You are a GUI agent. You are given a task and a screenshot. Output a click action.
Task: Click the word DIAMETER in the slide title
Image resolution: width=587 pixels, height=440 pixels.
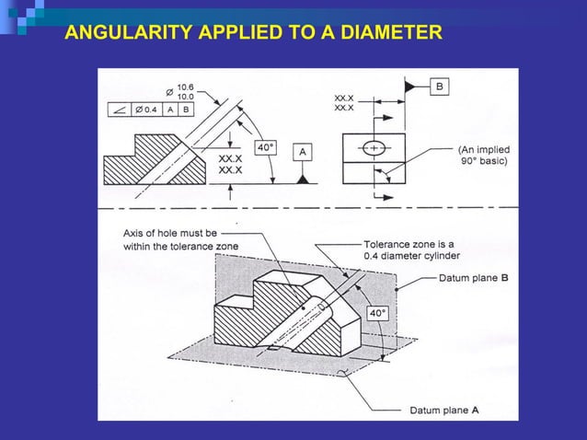click(x=390, y=35)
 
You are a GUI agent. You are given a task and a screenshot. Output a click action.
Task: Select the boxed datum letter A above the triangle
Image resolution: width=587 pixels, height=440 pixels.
click(x=302, y=151)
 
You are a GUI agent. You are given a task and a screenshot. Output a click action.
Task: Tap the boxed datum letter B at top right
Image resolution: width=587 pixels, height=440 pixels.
click(x=440, y=86)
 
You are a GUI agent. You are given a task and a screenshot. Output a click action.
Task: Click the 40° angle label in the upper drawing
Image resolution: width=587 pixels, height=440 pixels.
click(x=265, y=146)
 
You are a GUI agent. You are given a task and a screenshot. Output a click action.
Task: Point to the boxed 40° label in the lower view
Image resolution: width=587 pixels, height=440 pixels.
click(x=378, y=314)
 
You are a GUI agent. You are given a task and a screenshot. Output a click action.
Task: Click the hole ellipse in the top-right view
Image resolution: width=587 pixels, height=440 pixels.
click(x=374, y=148)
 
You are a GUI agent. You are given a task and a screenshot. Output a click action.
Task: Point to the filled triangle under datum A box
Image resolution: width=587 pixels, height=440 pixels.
click(x=302, y=178)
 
